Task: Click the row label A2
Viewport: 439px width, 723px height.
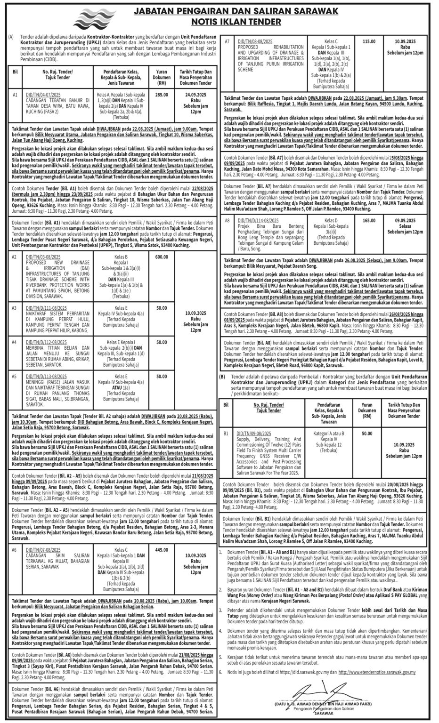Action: coord(14,257)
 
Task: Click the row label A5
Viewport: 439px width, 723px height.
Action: coord(14,376)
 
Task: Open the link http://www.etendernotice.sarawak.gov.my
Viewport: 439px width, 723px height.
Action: coord(377,672)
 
